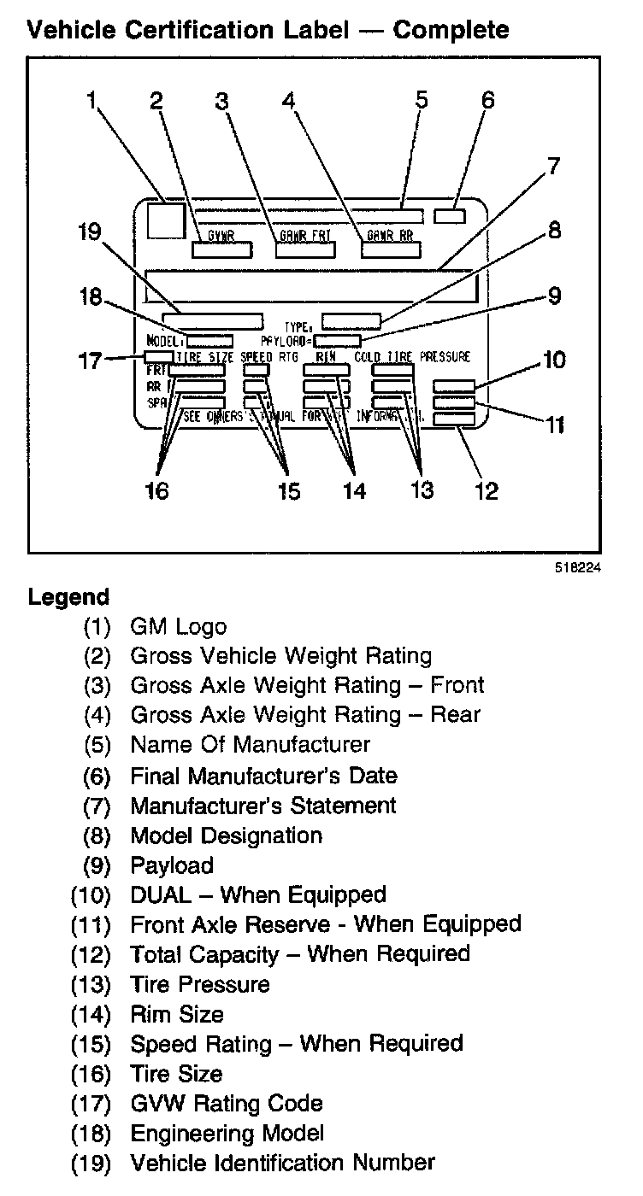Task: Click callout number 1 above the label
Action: click(x=91, y=100)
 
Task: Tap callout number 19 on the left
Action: click(x=88, y=232)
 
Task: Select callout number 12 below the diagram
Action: click(x=487, y=490)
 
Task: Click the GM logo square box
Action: click(x=166, y=220)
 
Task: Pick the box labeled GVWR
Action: click(x=221, y=249)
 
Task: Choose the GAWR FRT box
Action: click(x=305, y=249)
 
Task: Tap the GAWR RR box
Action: click(x=392, y=249)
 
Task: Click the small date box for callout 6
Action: click(x=450, y=216)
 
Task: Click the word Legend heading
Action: click(x=69, y=597)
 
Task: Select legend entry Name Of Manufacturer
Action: click(x=250, y=744)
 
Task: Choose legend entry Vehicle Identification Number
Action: click(x=282, y=1163)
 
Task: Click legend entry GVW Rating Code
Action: click(x=226, y=1103)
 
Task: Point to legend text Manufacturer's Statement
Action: click(x=263, y=805)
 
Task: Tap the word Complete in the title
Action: click(x=451, y=31)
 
